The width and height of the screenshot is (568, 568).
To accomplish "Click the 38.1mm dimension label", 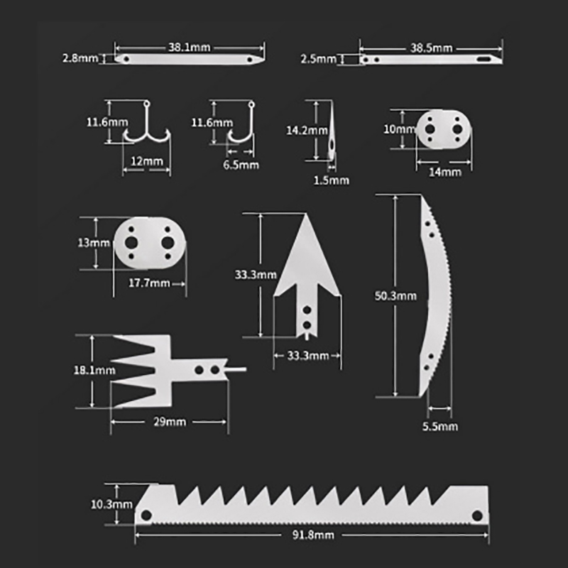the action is tap(189, 48).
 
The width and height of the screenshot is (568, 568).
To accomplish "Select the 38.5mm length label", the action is tap(431, 48).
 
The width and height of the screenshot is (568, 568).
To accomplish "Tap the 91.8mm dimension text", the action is tap(313, 535).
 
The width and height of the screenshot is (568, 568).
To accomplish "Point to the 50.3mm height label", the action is tap(395, 296).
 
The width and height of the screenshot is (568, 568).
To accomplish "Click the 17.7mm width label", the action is tap(149, 283).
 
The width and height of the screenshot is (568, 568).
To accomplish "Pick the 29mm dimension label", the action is tap(170, 422).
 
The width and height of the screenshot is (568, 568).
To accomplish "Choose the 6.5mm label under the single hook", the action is tap(241, 165).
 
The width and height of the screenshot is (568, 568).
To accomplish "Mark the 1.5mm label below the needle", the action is tap(331, 180).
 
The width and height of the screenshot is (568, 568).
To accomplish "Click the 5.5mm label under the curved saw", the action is tap(440, 427).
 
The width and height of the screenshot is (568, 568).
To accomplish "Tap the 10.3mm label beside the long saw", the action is tap(111, 504).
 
